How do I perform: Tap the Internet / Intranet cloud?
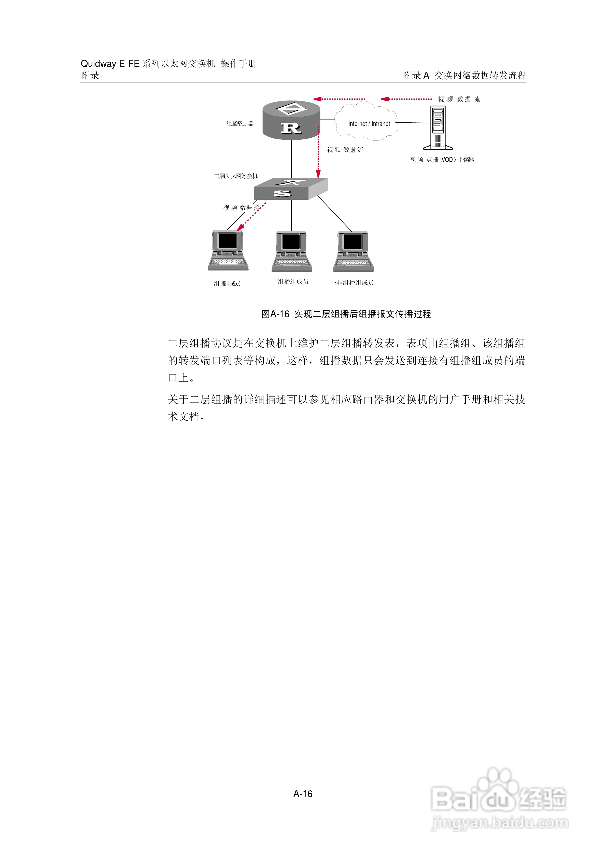coord(368,122)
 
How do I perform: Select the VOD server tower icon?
coord(438,128)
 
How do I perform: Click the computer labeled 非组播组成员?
coord(353,251)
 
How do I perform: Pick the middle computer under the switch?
coord(291,251)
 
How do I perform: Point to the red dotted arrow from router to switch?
coord(318,153)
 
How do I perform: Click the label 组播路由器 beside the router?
coord(240,123)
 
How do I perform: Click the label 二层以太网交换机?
coord(236,176)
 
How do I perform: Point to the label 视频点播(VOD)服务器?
coord(442,160)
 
